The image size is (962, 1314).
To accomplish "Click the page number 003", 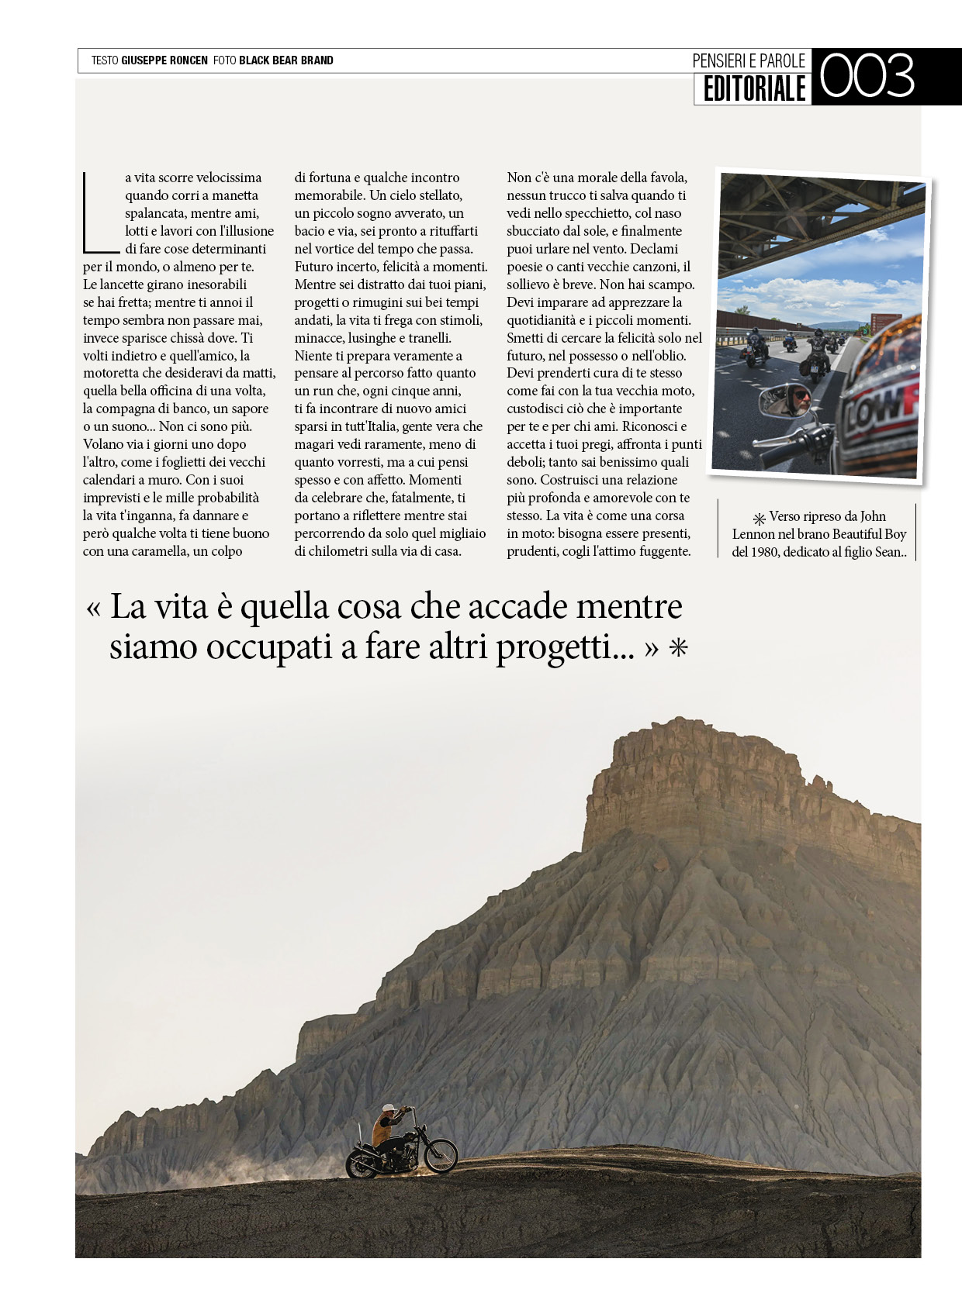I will [x=867, y=76].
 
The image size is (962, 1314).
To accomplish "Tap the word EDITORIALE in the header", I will [x=754, y=89].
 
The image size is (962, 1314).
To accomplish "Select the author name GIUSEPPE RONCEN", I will [x=164, y=60].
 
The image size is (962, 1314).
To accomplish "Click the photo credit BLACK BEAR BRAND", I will [x=285, y=60].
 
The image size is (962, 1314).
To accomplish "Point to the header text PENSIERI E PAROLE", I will [x=749, y=60].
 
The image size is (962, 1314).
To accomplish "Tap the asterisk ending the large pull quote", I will [x=679, y=648].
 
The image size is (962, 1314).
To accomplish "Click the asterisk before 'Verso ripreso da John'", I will [x=759, y=518].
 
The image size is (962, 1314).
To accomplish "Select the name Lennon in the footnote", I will [x=753, y=534].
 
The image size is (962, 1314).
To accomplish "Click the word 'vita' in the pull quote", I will [x=182, y=606].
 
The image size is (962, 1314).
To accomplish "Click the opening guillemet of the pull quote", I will [x=94, y=608].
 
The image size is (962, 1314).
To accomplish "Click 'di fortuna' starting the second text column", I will [x=320, y=178].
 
